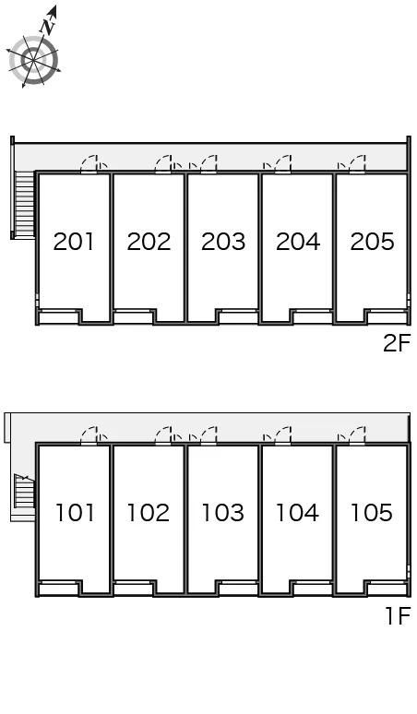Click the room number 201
click(73, 242)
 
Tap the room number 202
click(149, 242)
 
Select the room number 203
click(223, 242)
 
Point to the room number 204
click(298, 242)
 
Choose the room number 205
click(372, 242)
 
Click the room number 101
click(75, 512)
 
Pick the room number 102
click(149, 512)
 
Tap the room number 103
click(223, 512)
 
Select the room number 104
click(297, 512)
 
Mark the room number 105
click(372, 512)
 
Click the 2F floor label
click(397, 343)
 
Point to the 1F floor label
click(399, 615)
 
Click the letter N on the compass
click(48, 28)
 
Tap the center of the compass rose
click(34, 59)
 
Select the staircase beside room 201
click(25, 204)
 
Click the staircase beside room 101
click(25, 491)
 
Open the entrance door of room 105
click(357, 434)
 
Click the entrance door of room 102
click(163, 434)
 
